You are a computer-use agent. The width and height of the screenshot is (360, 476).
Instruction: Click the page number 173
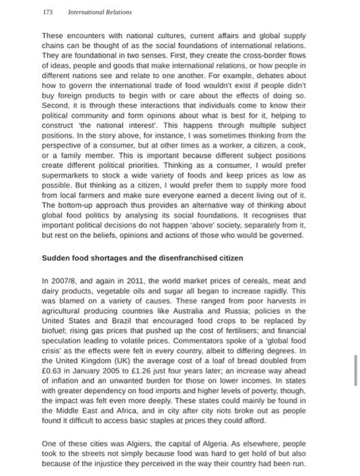tap(47, 12)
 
